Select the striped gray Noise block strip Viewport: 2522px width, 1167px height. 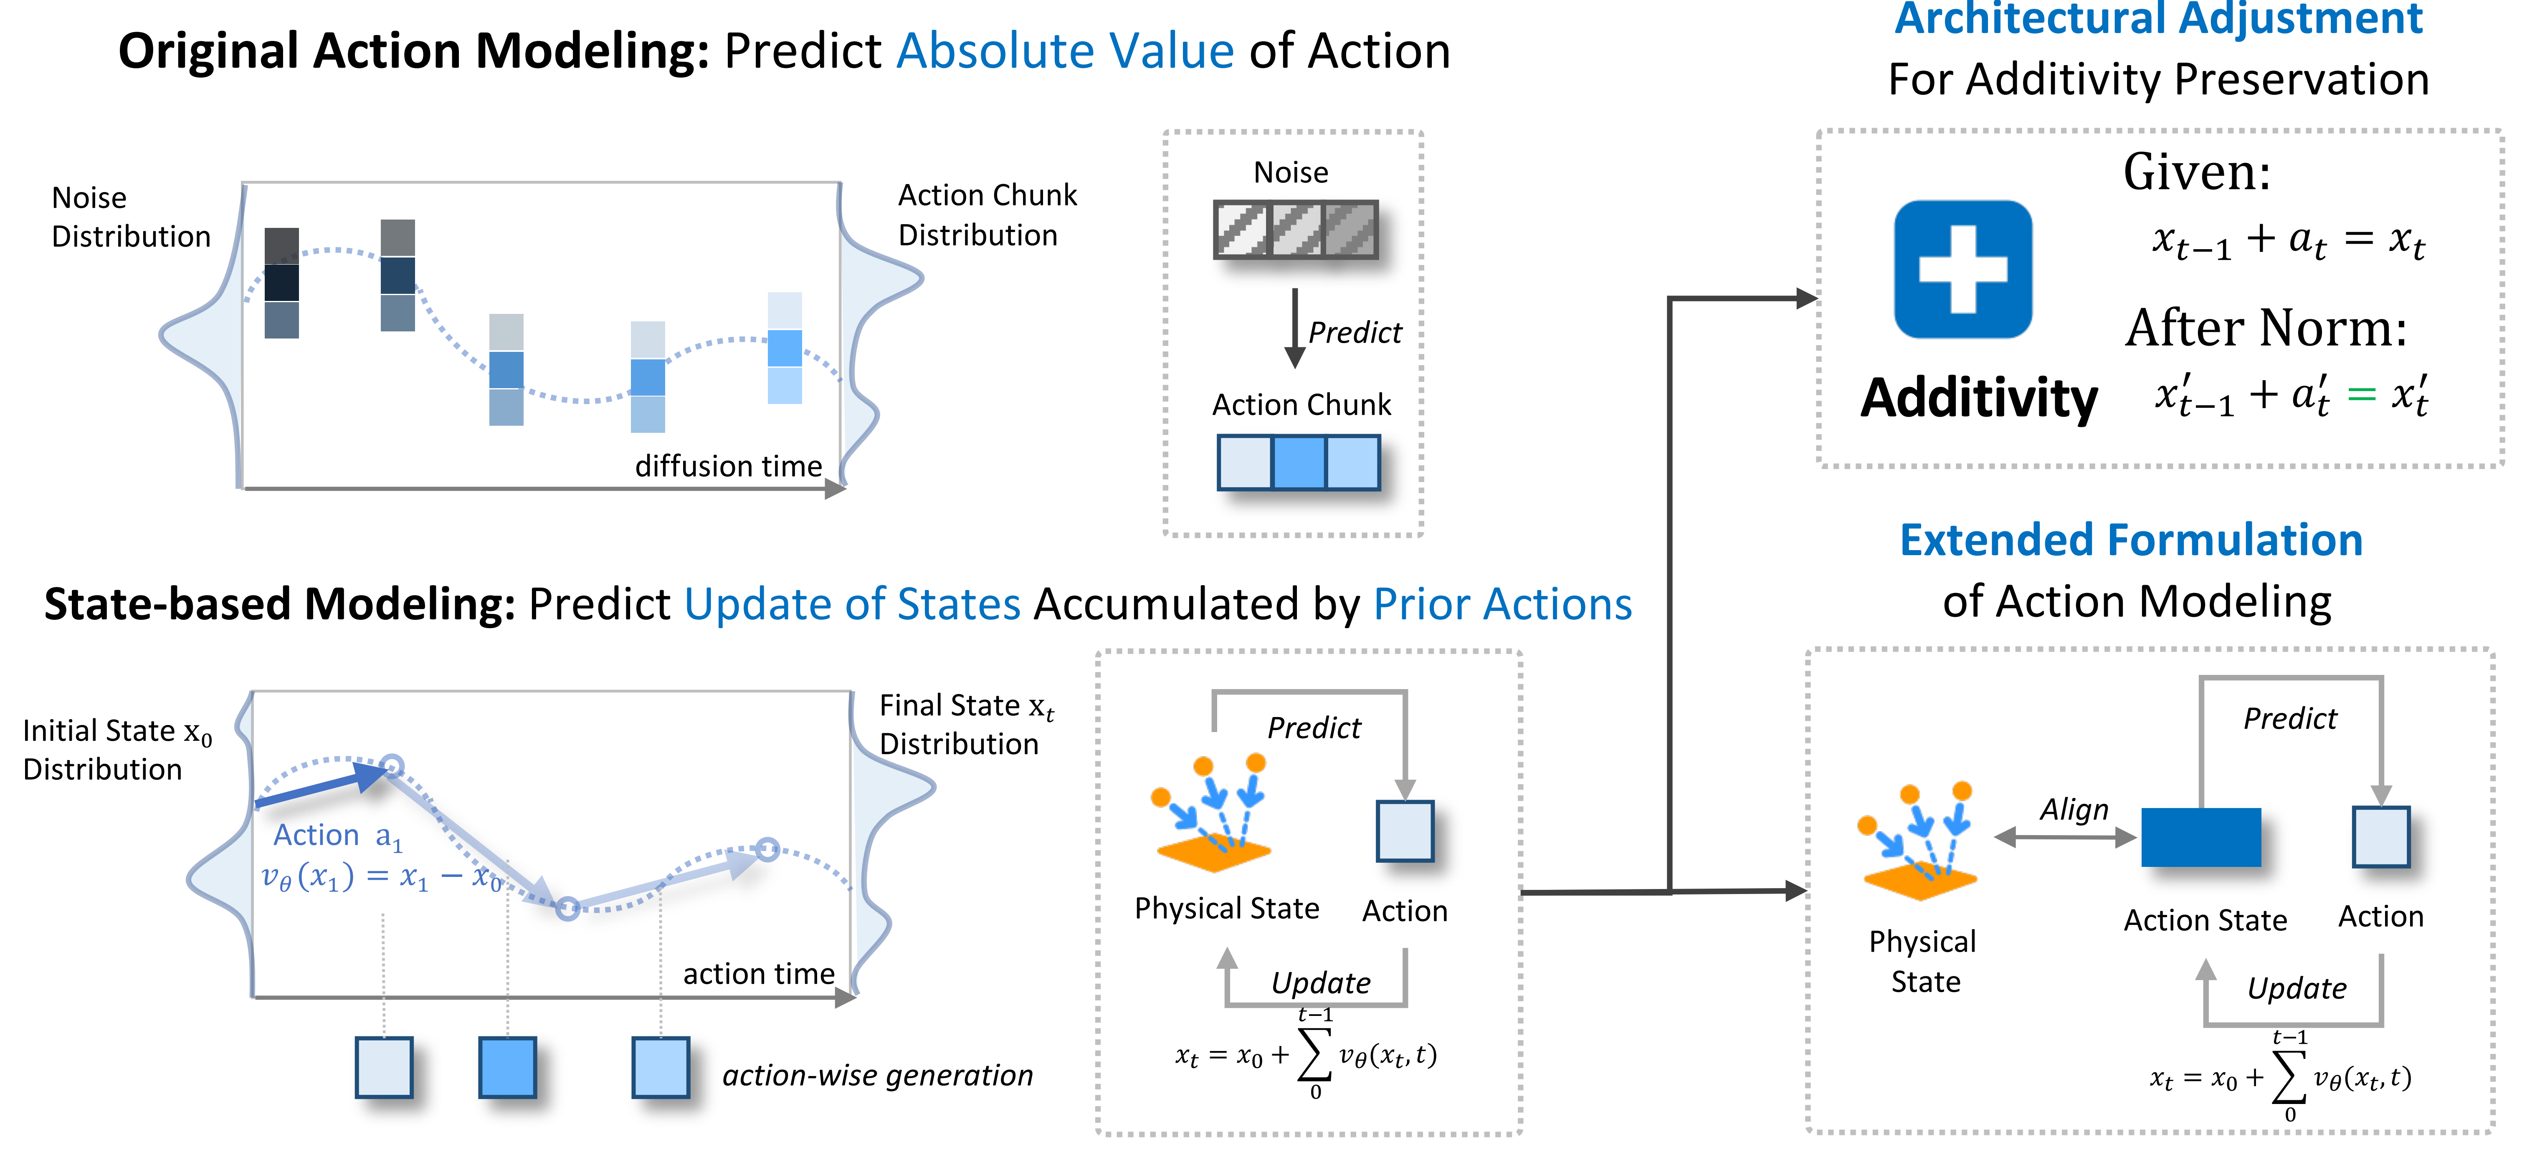(x=1295, y=230)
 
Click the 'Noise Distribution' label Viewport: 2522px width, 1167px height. (x=130, y=217)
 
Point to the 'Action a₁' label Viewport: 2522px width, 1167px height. (x=337, y=835)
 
